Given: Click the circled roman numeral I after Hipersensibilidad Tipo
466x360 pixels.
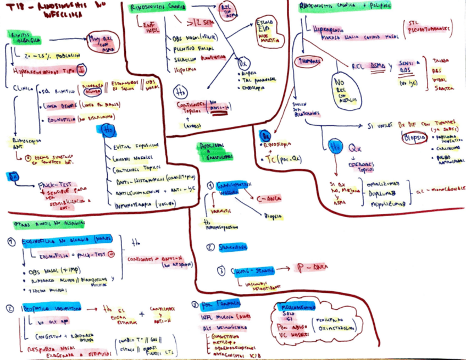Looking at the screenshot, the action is point(81,70).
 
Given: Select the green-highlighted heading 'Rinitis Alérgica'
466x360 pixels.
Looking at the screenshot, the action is point(25,37).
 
